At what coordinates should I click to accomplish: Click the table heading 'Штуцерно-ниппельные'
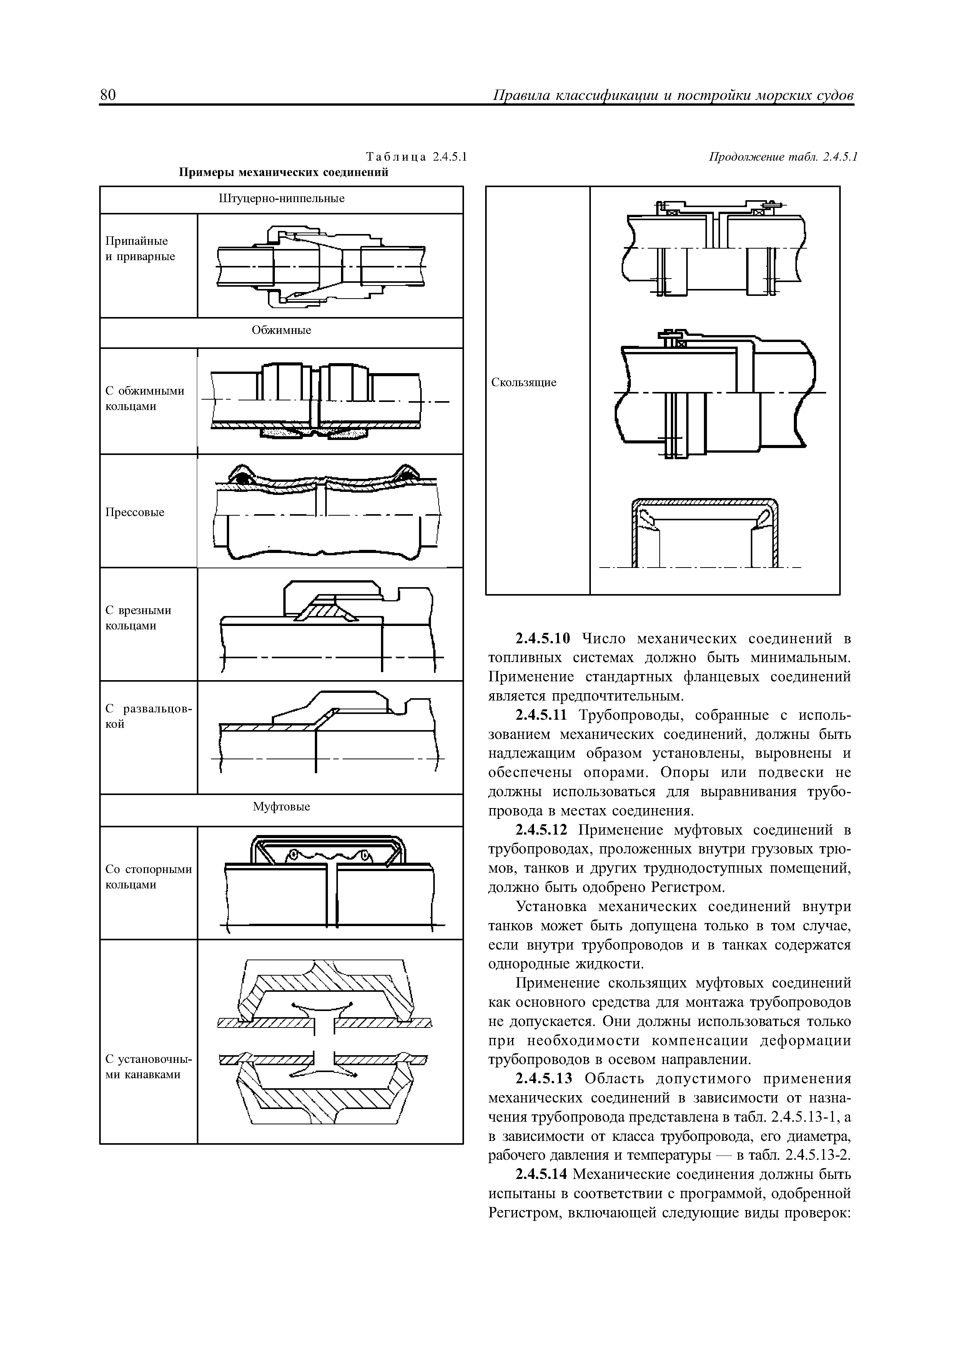point(281,199)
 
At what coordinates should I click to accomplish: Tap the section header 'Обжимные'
point(281,330)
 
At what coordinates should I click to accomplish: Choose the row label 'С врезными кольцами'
point(138,618)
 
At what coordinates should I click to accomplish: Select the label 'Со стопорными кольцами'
point(148,877)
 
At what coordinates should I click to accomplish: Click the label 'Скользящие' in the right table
point(524,383)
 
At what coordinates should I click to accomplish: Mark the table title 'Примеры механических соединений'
point(284,173)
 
